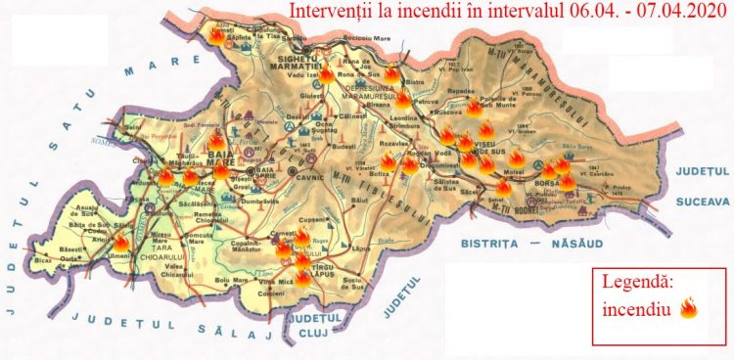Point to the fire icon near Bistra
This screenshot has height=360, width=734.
click(x=390, y=71)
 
